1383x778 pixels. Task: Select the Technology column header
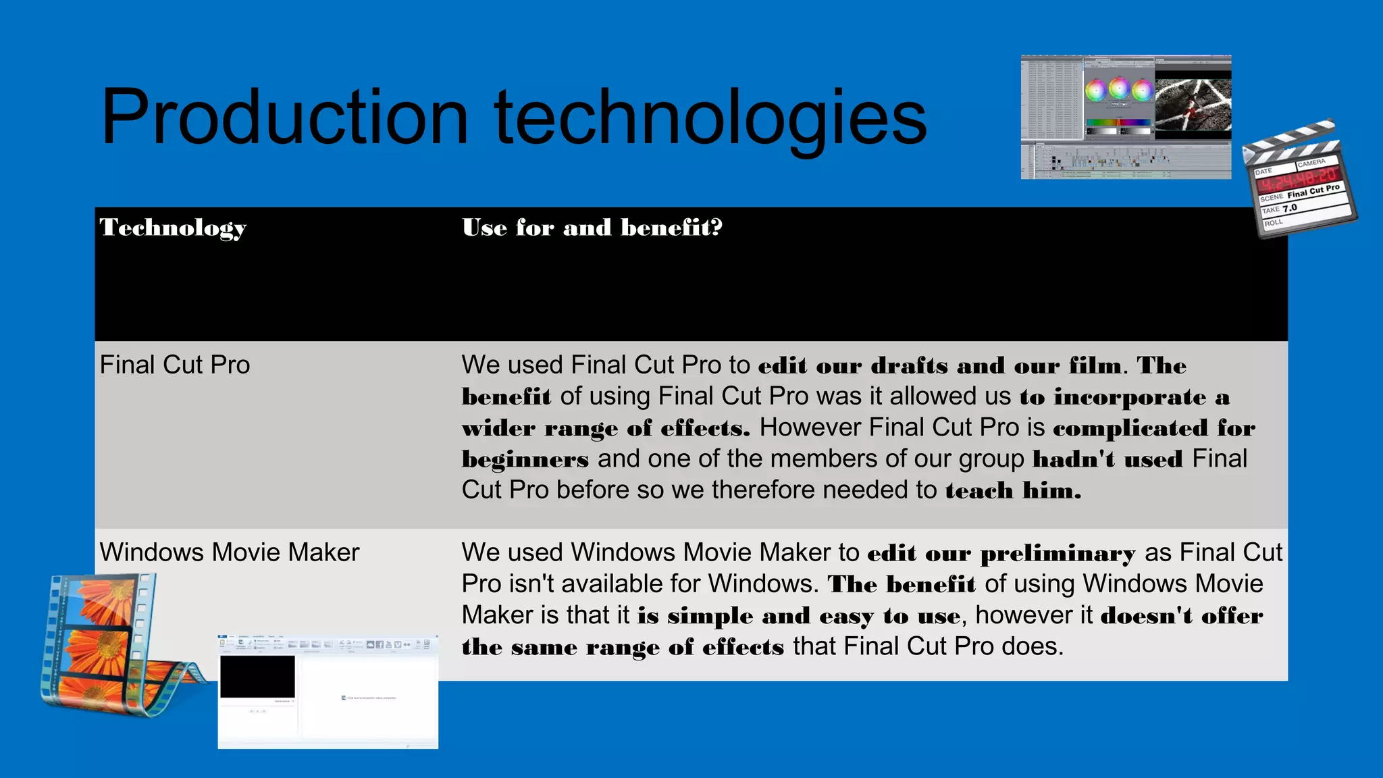[173, 228]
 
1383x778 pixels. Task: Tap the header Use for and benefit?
[592, 228]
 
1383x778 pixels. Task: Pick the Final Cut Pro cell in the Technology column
[175, 365]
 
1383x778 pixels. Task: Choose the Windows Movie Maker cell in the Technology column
[230, 552]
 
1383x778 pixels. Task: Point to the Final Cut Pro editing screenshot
[1126, 117]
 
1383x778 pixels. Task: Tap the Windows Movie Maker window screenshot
[328, 692]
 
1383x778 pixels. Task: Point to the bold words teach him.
[1013, 490]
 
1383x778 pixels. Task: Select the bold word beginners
[525, 459]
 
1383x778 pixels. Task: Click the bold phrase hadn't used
[1107, 459]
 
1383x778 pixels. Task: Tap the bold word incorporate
[1130, 397]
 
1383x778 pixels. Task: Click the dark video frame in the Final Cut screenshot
[1193, 105]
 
